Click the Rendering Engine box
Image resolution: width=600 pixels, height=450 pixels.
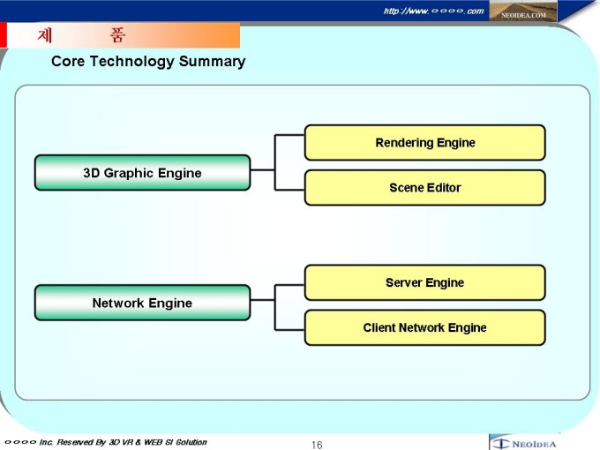[424, 143]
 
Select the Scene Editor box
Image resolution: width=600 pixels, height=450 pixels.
[424, 188]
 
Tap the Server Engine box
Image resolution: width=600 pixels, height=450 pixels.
[424, 283]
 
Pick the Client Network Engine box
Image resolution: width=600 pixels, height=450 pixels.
[424, 328]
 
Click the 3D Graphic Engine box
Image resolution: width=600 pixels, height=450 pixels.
[142, 173]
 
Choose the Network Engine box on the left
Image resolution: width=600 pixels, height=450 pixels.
[142, 304]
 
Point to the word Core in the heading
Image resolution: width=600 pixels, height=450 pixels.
[67, 62]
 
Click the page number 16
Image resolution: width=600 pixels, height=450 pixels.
[317, 445]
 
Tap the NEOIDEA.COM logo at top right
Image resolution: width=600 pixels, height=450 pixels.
[524, 12]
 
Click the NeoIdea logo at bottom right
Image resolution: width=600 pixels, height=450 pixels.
[524, 443]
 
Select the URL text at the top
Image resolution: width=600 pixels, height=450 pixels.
[433, 11]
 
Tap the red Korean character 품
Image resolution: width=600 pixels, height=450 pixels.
[117, 36]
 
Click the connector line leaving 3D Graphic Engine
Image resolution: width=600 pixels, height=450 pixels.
[263, 169]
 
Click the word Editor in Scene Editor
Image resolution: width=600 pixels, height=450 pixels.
[443, 188]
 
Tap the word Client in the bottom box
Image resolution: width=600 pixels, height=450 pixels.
[379, 328]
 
